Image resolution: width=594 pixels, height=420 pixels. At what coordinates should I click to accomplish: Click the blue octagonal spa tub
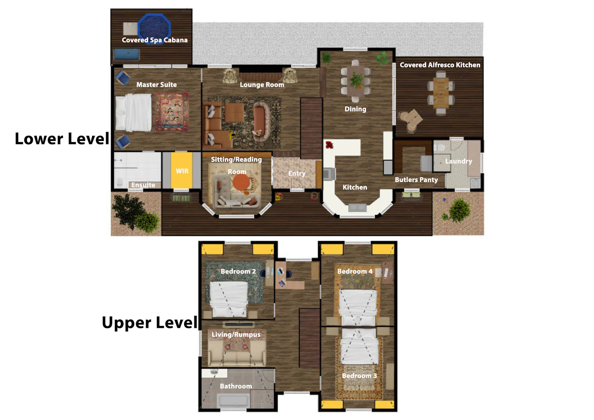point(154,28)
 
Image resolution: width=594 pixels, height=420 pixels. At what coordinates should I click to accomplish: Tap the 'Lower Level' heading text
point(62,139)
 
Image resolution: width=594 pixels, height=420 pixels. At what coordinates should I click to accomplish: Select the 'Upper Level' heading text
point(150,323)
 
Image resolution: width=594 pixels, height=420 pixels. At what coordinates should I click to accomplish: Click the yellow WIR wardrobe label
point(182,171)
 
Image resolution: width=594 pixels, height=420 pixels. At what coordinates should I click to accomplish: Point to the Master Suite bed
point(133,112)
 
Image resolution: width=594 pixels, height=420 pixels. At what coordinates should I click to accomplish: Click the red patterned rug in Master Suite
point(172,112)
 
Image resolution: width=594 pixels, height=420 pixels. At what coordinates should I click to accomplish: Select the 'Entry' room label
point(297,173)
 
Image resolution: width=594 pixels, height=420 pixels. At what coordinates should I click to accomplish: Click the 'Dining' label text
point(355,109)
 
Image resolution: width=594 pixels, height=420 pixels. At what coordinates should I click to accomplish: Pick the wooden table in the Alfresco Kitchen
point(441,93)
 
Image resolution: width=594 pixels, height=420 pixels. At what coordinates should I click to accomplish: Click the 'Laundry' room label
point(459,161)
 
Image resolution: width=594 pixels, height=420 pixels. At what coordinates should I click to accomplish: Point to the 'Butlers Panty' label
point(416,180)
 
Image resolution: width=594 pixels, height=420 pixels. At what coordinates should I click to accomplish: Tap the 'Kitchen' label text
point(355,188)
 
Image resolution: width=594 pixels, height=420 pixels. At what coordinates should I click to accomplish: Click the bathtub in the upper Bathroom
point(234,400)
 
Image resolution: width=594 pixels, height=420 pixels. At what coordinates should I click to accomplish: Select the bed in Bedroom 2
point(229,299)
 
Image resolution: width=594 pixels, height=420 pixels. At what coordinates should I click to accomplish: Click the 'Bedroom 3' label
point(359,376)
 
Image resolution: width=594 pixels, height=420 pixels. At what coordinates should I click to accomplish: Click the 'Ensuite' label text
point(143,185)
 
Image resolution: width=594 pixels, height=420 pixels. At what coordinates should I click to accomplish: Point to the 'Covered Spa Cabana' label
point(154,40)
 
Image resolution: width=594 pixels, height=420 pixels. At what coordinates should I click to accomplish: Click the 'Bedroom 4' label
point(355,272)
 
